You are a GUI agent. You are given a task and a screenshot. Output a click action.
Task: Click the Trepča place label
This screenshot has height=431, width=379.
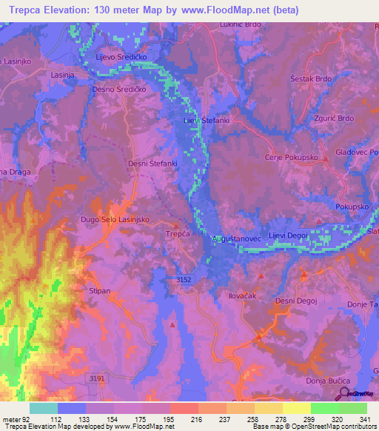pyautogui.click(x=178, y=234)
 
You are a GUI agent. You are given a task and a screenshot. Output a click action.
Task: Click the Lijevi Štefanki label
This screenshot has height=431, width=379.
pyautogui.click(x=207, y=119)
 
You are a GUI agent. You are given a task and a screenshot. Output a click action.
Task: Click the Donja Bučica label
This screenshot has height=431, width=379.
pyautogui.click(x=324, y=380)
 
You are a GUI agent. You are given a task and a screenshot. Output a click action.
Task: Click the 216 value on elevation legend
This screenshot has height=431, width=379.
pyautogui.click(x=184, y=419)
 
